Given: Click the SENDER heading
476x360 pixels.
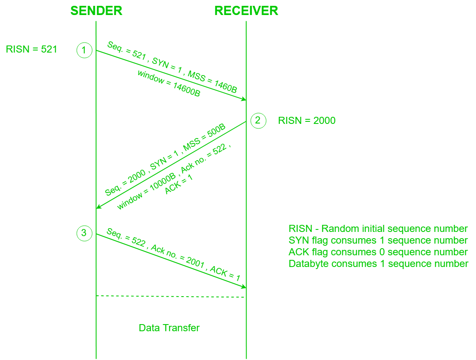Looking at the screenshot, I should point(96,11).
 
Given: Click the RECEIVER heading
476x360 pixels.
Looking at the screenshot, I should point(246,11).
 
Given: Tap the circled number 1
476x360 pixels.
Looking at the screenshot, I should point(84,50).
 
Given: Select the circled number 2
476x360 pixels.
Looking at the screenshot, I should point(258,121).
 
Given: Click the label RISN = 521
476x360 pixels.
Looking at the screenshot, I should point(31,49).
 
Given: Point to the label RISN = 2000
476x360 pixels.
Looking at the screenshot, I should point(307,121).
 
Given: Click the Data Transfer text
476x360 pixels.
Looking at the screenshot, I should point(169,328).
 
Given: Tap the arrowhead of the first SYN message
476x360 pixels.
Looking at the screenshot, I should point(244,99).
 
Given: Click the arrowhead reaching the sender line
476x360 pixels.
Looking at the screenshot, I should point(98,207).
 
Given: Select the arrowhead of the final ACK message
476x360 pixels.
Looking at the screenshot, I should point(244,287).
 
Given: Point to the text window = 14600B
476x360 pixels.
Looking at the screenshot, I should point(169,83).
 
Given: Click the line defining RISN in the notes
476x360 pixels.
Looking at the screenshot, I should point(378,229).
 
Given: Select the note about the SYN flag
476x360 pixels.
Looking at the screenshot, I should point(378,240).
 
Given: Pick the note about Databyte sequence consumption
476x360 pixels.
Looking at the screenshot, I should point(378,264).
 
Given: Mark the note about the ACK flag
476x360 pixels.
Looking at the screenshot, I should point(378,252).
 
